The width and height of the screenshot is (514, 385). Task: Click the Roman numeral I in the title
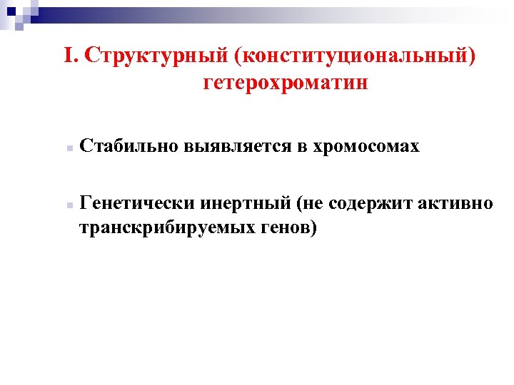[x=69, y=56]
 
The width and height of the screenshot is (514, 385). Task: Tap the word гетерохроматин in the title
[x=286, y=83]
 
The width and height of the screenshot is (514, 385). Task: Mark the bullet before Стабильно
[x=64, y=149]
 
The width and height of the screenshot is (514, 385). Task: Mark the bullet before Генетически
[x=64, y=205]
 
